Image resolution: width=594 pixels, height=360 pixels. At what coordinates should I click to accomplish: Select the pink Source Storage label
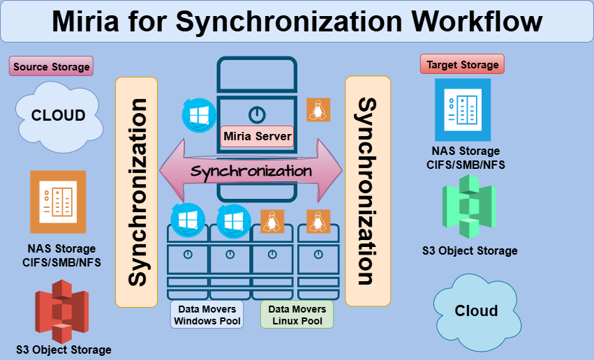pyautogui.click(x=51, y=67)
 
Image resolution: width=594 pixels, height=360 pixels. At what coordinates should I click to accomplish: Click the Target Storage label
pyautogui.click(x=462, y=65)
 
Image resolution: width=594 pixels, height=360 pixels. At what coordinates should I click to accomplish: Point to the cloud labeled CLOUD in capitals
pyautogui.click(x=59, y=116)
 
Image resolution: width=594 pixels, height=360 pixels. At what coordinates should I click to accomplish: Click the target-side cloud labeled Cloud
pyautogui.click(x=476, y=311)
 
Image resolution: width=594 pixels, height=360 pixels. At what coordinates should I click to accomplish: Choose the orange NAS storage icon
pyautogui.click(x=58, y=202)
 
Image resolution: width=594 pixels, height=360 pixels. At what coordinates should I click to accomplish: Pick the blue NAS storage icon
pyautogui.click(x=462, y=110)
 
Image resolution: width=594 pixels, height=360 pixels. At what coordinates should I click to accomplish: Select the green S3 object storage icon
pyautogui.click(x=468, y=207)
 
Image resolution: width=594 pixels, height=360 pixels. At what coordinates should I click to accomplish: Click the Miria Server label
pyautogui.click(x=257, y=136)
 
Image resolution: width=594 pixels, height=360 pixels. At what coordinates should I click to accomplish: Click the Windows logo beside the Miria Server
pyautogui.click(x=200, y=113)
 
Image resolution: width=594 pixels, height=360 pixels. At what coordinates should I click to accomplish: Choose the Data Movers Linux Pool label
pyautogui.click(x=297, y=315)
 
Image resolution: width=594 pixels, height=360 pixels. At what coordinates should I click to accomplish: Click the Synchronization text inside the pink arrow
pyautogui.click(x=251, y=171)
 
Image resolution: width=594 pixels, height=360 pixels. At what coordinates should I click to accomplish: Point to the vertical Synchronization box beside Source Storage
pyautogui.click(x=137, y=192)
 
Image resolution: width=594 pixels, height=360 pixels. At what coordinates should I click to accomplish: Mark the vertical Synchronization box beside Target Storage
pyautogui.click(x=367, y=191)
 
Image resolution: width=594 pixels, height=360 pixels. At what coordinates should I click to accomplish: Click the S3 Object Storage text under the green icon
pyautogui.click(x=470, y=250)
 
